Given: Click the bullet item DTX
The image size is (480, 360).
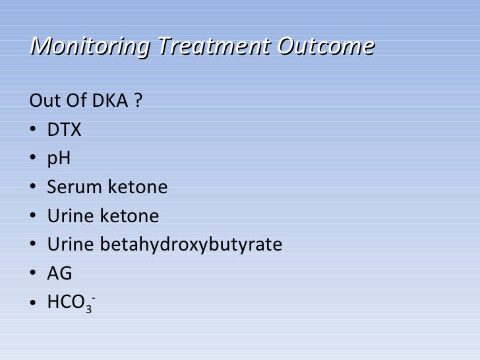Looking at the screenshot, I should [x=64, y=131].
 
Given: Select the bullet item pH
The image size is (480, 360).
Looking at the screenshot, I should [x=59, y=159].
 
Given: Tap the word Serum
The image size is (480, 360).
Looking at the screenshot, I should [x=71, y=188].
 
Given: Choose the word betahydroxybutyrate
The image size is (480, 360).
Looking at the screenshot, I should [x=191, y=245].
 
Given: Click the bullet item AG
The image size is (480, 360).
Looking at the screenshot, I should [x=59, y=274].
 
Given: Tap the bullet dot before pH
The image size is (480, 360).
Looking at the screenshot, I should [x=34, y=160].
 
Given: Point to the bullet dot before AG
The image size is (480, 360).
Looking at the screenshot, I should [x=34, y=274].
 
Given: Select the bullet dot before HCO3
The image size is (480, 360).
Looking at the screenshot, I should [x=34, y=303].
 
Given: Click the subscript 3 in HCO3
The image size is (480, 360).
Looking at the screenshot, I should [x=88, y=307].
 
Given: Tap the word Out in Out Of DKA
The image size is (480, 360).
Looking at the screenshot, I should [x=43, y=102].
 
